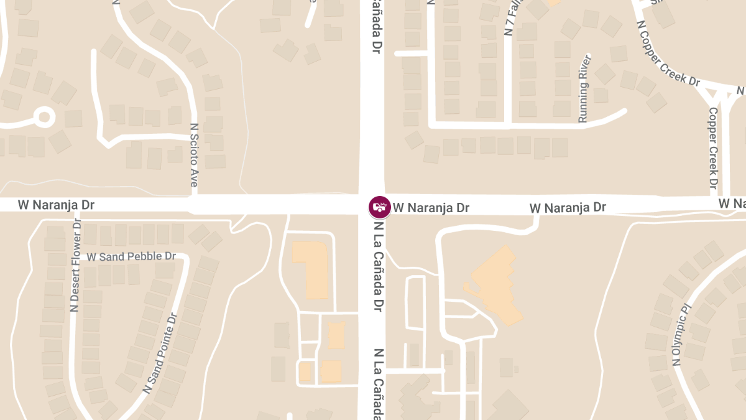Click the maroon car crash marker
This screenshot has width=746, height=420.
pos(379,207)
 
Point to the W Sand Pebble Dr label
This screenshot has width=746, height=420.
pos(131,256)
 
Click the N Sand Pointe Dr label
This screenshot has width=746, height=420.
pos(160,353)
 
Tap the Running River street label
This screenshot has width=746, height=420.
pos(584,88)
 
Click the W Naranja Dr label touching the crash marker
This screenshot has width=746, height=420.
pos(431,208)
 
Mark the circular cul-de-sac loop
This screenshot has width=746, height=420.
pos(44,116)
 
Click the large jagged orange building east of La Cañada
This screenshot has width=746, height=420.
pos(494,283)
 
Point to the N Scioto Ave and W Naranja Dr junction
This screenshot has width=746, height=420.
pos(194,203)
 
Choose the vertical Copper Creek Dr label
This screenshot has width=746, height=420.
pos(713,149)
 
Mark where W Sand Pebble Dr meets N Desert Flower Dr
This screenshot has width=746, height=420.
pos(76,256)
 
